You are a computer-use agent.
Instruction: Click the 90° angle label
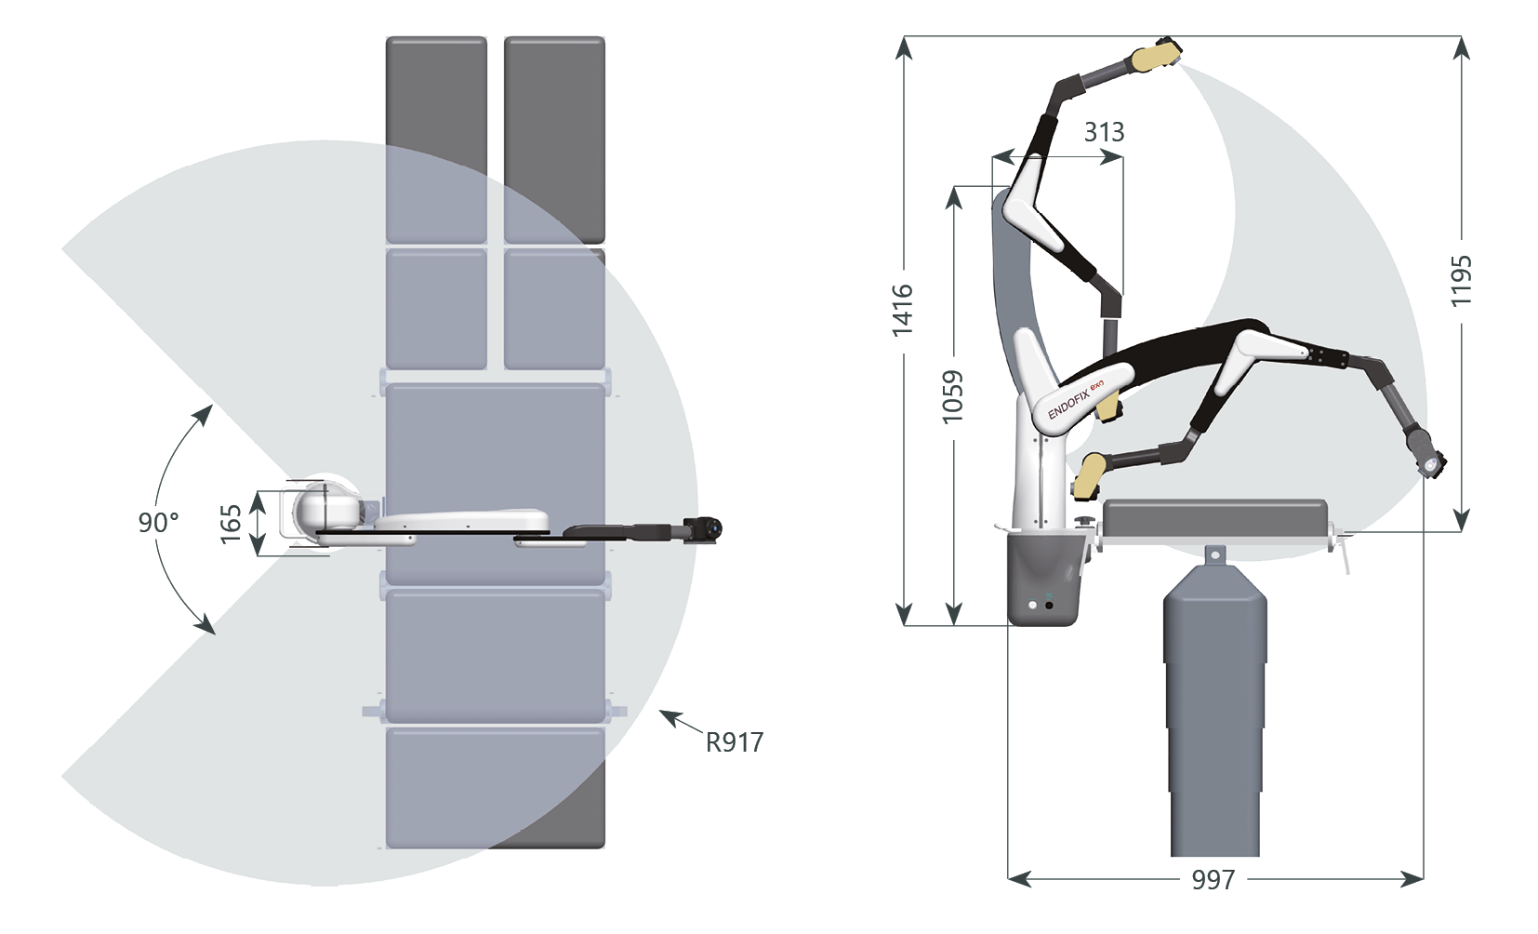(159, 523)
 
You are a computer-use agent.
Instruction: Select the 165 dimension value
(231, 524)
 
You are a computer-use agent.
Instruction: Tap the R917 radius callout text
(735, 742)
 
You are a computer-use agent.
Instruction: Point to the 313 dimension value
(1104, 132)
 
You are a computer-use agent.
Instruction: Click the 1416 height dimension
(902, 311)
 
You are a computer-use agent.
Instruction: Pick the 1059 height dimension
(952, 397)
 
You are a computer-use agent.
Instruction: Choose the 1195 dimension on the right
(1461, 281)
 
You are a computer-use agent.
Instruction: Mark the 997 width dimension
(1213, 880)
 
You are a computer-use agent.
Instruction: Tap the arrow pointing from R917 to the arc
(681, 720)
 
